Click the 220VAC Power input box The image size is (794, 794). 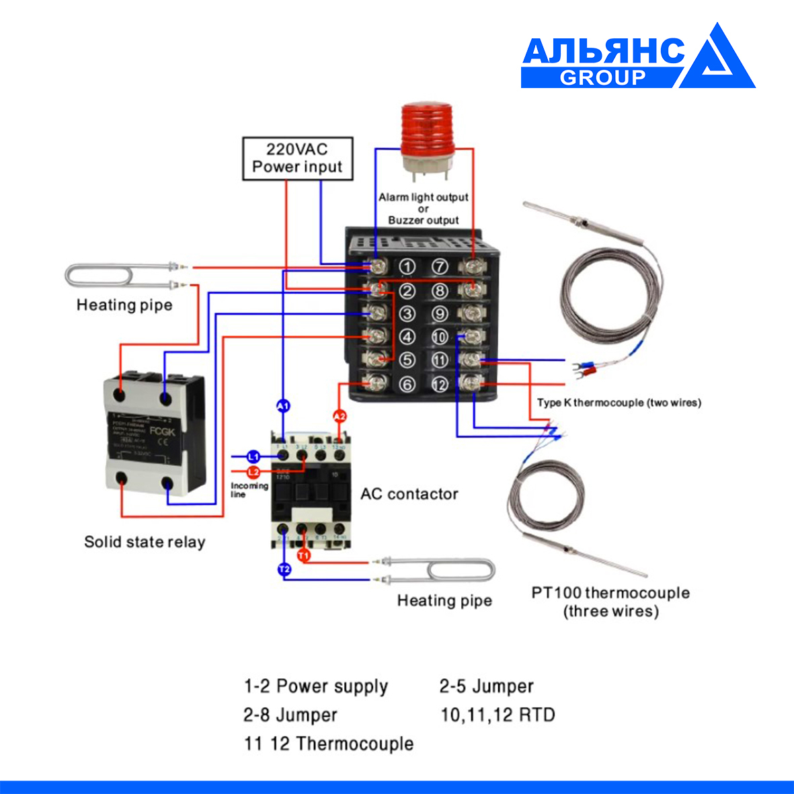click(x=297, y=159)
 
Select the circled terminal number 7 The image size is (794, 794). click(x=439, y=267)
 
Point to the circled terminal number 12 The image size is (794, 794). click(x=439, y=385)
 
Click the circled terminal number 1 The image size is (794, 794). click(x=407, y=267)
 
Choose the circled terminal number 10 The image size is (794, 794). click(x=439, y=338)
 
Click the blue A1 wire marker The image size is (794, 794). click(x=283, y=406)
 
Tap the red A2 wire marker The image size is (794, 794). click(x=340, y=417)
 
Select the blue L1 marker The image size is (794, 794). click(x=253, y=456)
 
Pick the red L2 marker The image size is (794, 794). click(x=253, y=472)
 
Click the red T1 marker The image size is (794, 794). click(x=303, y=556)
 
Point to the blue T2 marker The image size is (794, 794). click(x=284, y=570)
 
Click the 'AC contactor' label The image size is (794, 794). click(x=409, y=494)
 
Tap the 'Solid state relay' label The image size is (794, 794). click(x=145, y=542)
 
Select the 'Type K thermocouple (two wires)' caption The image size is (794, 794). click(x=619, y=403)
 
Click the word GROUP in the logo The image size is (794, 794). click(x=602, y=77)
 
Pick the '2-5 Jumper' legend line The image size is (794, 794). click(x=486, y=686)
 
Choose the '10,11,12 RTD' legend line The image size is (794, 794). click(x=498, y=715)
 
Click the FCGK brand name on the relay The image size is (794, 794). click(x=162, y=431)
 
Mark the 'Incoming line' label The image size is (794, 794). click(x=249, y=489)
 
